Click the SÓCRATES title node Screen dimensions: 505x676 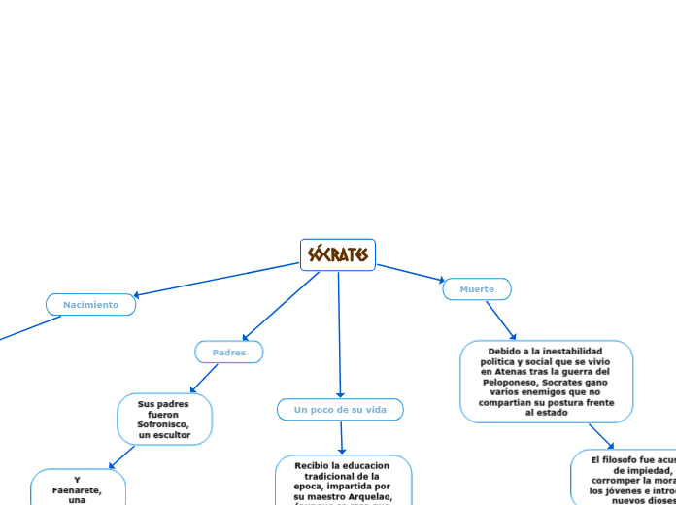pos(338,254)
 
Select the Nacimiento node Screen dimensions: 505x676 pos(90,305)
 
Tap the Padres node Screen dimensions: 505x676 pos(229,353)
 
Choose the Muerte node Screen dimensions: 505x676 pos(477,289)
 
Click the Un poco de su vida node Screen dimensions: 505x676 pos(340,410)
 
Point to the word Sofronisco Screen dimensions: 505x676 pos(164,424)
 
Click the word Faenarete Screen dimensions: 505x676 pos(77,490)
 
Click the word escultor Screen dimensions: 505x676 pos(172,435)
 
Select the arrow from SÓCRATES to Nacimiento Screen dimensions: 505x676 pos(214,279)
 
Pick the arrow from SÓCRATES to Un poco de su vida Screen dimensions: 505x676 pos(339,335)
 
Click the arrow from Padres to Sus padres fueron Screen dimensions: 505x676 pos(204,378)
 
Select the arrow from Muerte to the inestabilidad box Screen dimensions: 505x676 pos(501,320)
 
